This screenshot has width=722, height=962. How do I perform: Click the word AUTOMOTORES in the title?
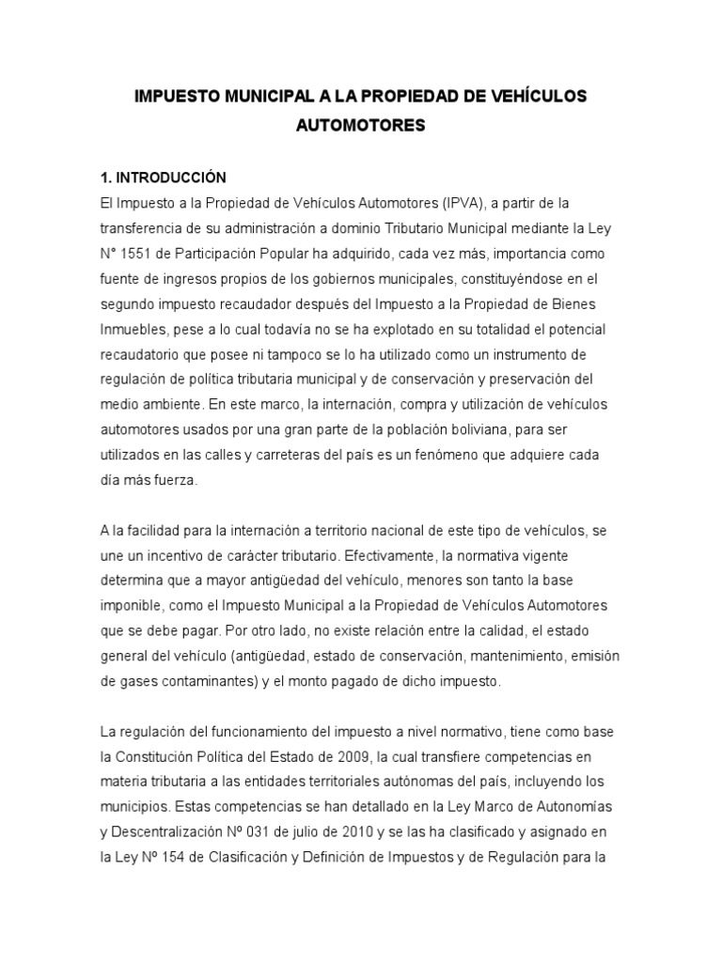click(361, 125)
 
